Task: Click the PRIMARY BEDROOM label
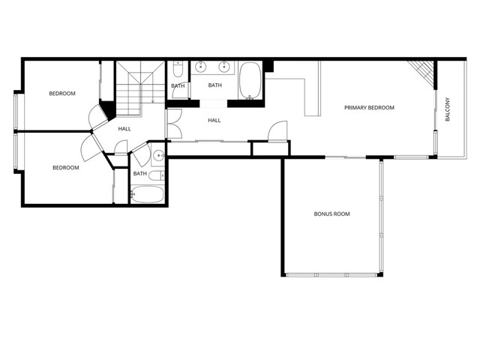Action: point(369,108)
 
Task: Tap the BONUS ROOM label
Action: point(331,214)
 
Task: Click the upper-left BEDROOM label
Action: point(62,94)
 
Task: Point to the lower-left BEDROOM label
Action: point(65,168)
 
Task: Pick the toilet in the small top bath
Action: point(177,70)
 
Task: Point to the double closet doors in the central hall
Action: point(175,123)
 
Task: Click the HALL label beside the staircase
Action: point(124,129)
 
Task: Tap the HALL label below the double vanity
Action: point(214,121)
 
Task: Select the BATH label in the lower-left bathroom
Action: point(140,174)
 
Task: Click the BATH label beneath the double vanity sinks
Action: point(215,85)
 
